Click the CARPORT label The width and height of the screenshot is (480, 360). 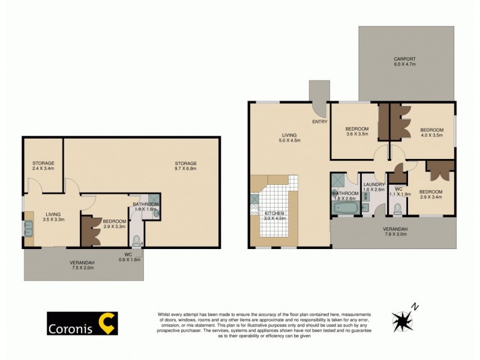pyautogui.click(x=404, y=59)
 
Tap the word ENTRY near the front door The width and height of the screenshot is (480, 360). pyautogui.click(x=319, y=122)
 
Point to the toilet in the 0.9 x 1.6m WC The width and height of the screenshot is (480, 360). pyautogui.click(x=136, y=241)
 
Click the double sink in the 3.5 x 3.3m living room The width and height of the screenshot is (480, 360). pyautogui.click(x=28, y=229)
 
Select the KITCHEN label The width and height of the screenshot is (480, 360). pyautogui.click(x=274, y=213)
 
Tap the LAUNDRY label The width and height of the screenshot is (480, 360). pyautogui.click(x=373, y=185)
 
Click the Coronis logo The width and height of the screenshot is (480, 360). pyautogui.click(x=82, y=323)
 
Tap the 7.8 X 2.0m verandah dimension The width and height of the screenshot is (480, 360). pyautogui.click(x=395, y=235)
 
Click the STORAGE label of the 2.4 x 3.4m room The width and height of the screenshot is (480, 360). pyautogui.click(x=43, y=163)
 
